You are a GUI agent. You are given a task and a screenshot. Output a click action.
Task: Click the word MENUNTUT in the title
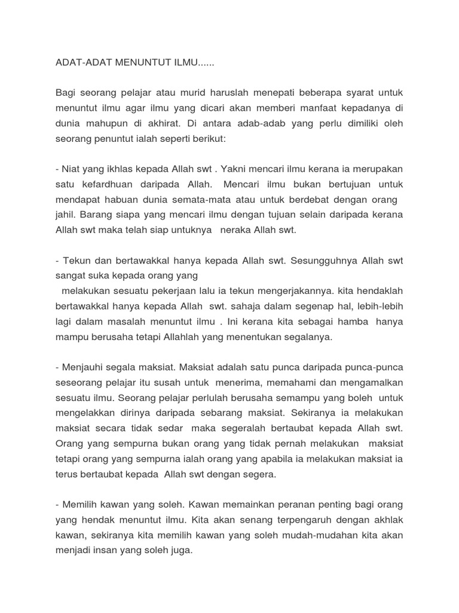pyautogui.click(x=131, y=62)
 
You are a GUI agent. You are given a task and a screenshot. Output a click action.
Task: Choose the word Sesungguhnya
pyautogui.click(x=313, y=262)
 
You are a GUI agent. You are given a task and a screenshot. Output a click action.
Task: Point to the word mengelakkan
pyautogui.click(x=88, y=413)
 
